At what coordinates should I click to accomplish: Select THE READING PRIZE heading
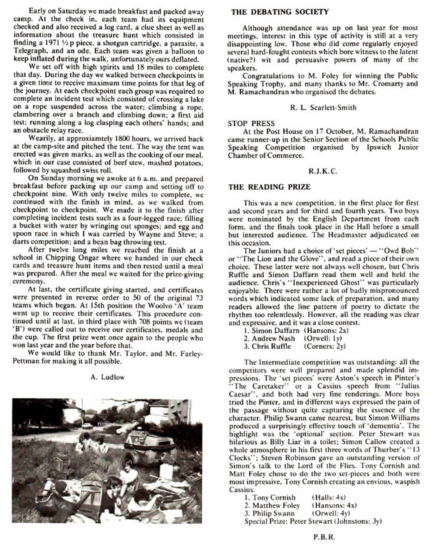pyautogui.click(x=269, y=187)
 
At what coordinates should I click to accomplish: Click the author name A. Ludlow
pyautogui.click(x=108, y=377)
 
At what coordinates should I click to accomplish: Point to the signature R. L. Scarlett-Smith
pyautogui.click(x=323, y=108)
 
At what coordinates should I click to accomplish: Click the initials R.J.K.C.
pyautogui.click(x=323, y=171)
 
